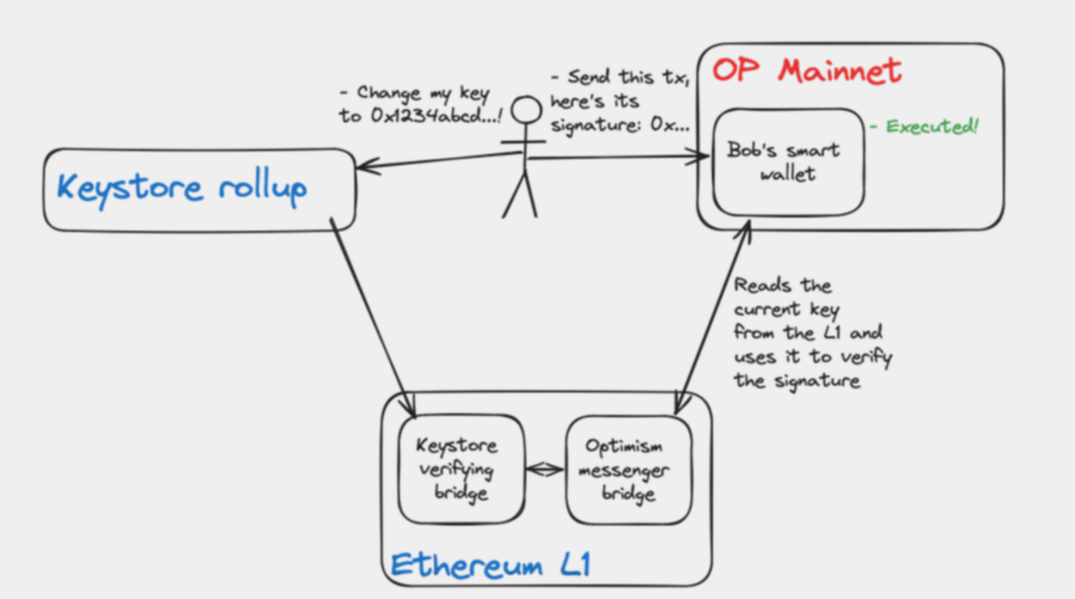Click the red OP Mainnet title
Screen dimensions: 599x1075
coord(806,70)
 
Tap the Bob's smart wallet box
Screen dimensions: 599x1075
coord(788,162)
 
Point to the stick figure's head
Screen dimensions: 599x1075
coord(526,110)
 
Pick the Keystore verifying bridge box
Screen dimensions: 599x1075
coord(461,469)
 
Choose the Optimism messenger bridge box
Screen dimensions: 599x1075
coord(628,470)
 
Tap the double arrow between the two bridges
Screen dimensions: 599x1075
coord(545,468)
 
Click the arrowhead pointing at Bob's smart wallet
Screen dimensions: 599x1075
coord(701,157)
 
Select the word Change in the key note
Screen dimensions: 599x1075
coord(388,93)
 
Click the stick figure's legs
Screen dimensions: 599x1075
coord(520,196)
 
